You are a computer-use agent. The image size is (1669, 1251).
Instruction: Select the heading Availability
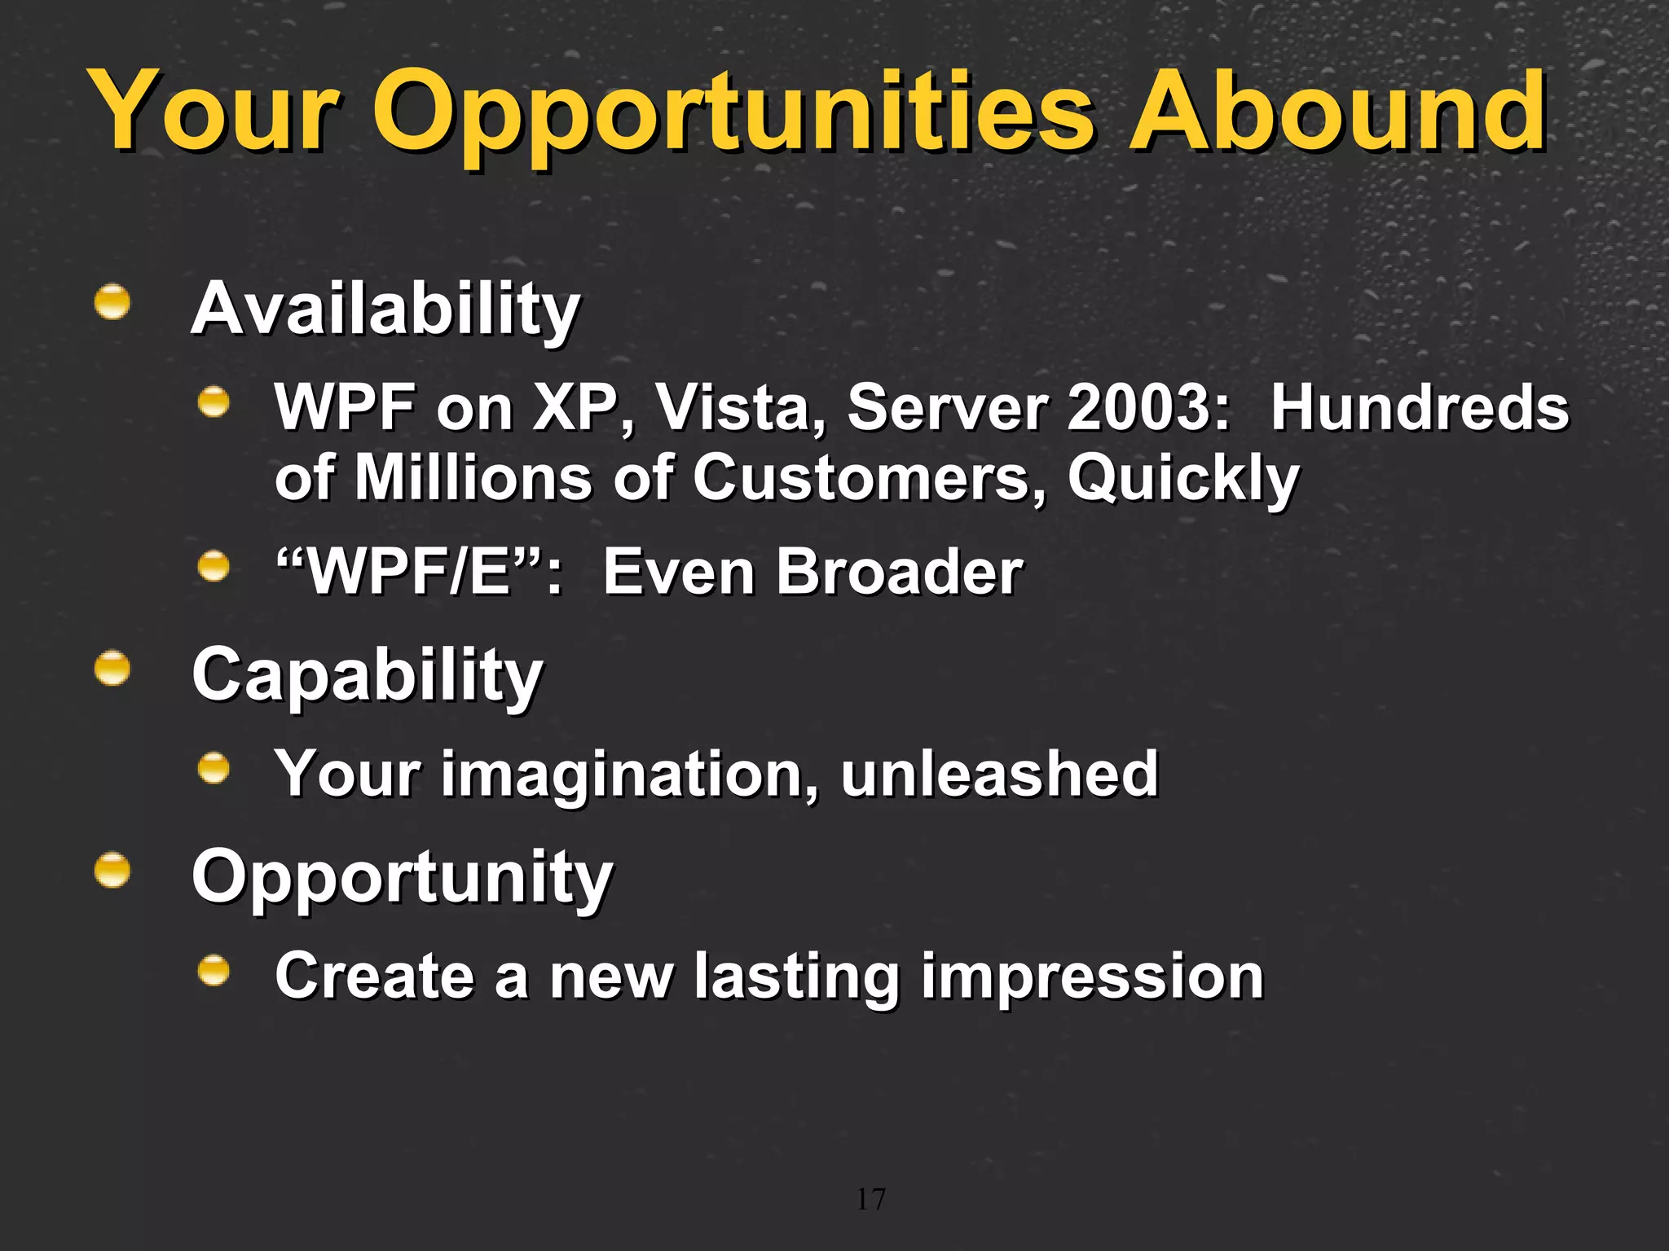click(385, 309)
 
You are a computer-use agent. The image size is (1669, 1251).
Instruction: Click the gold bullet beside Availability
click(112, 302)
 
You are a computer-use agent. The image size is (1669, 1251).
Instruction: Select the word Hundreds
click(1419, 407)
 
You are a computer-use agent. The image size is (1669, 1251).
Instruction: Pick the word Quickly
click(1182, 479)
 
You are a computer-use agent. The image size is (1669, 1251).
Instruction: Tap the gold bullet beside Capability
click(112, 669)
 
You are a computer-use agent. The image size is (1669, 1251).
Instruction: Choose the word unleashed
click(999, 774)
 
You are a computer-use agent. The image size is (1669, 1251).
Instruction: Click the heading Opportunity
click(402, 877)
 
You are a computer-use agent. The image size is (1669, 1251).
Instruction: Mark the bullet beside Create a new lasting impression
click(214, 970)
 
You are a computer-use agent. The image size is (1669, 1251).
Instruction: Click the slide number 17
click(870, 1199)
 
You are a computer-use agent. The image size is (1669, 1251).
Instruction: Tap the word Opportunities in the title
click(733, 114)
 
